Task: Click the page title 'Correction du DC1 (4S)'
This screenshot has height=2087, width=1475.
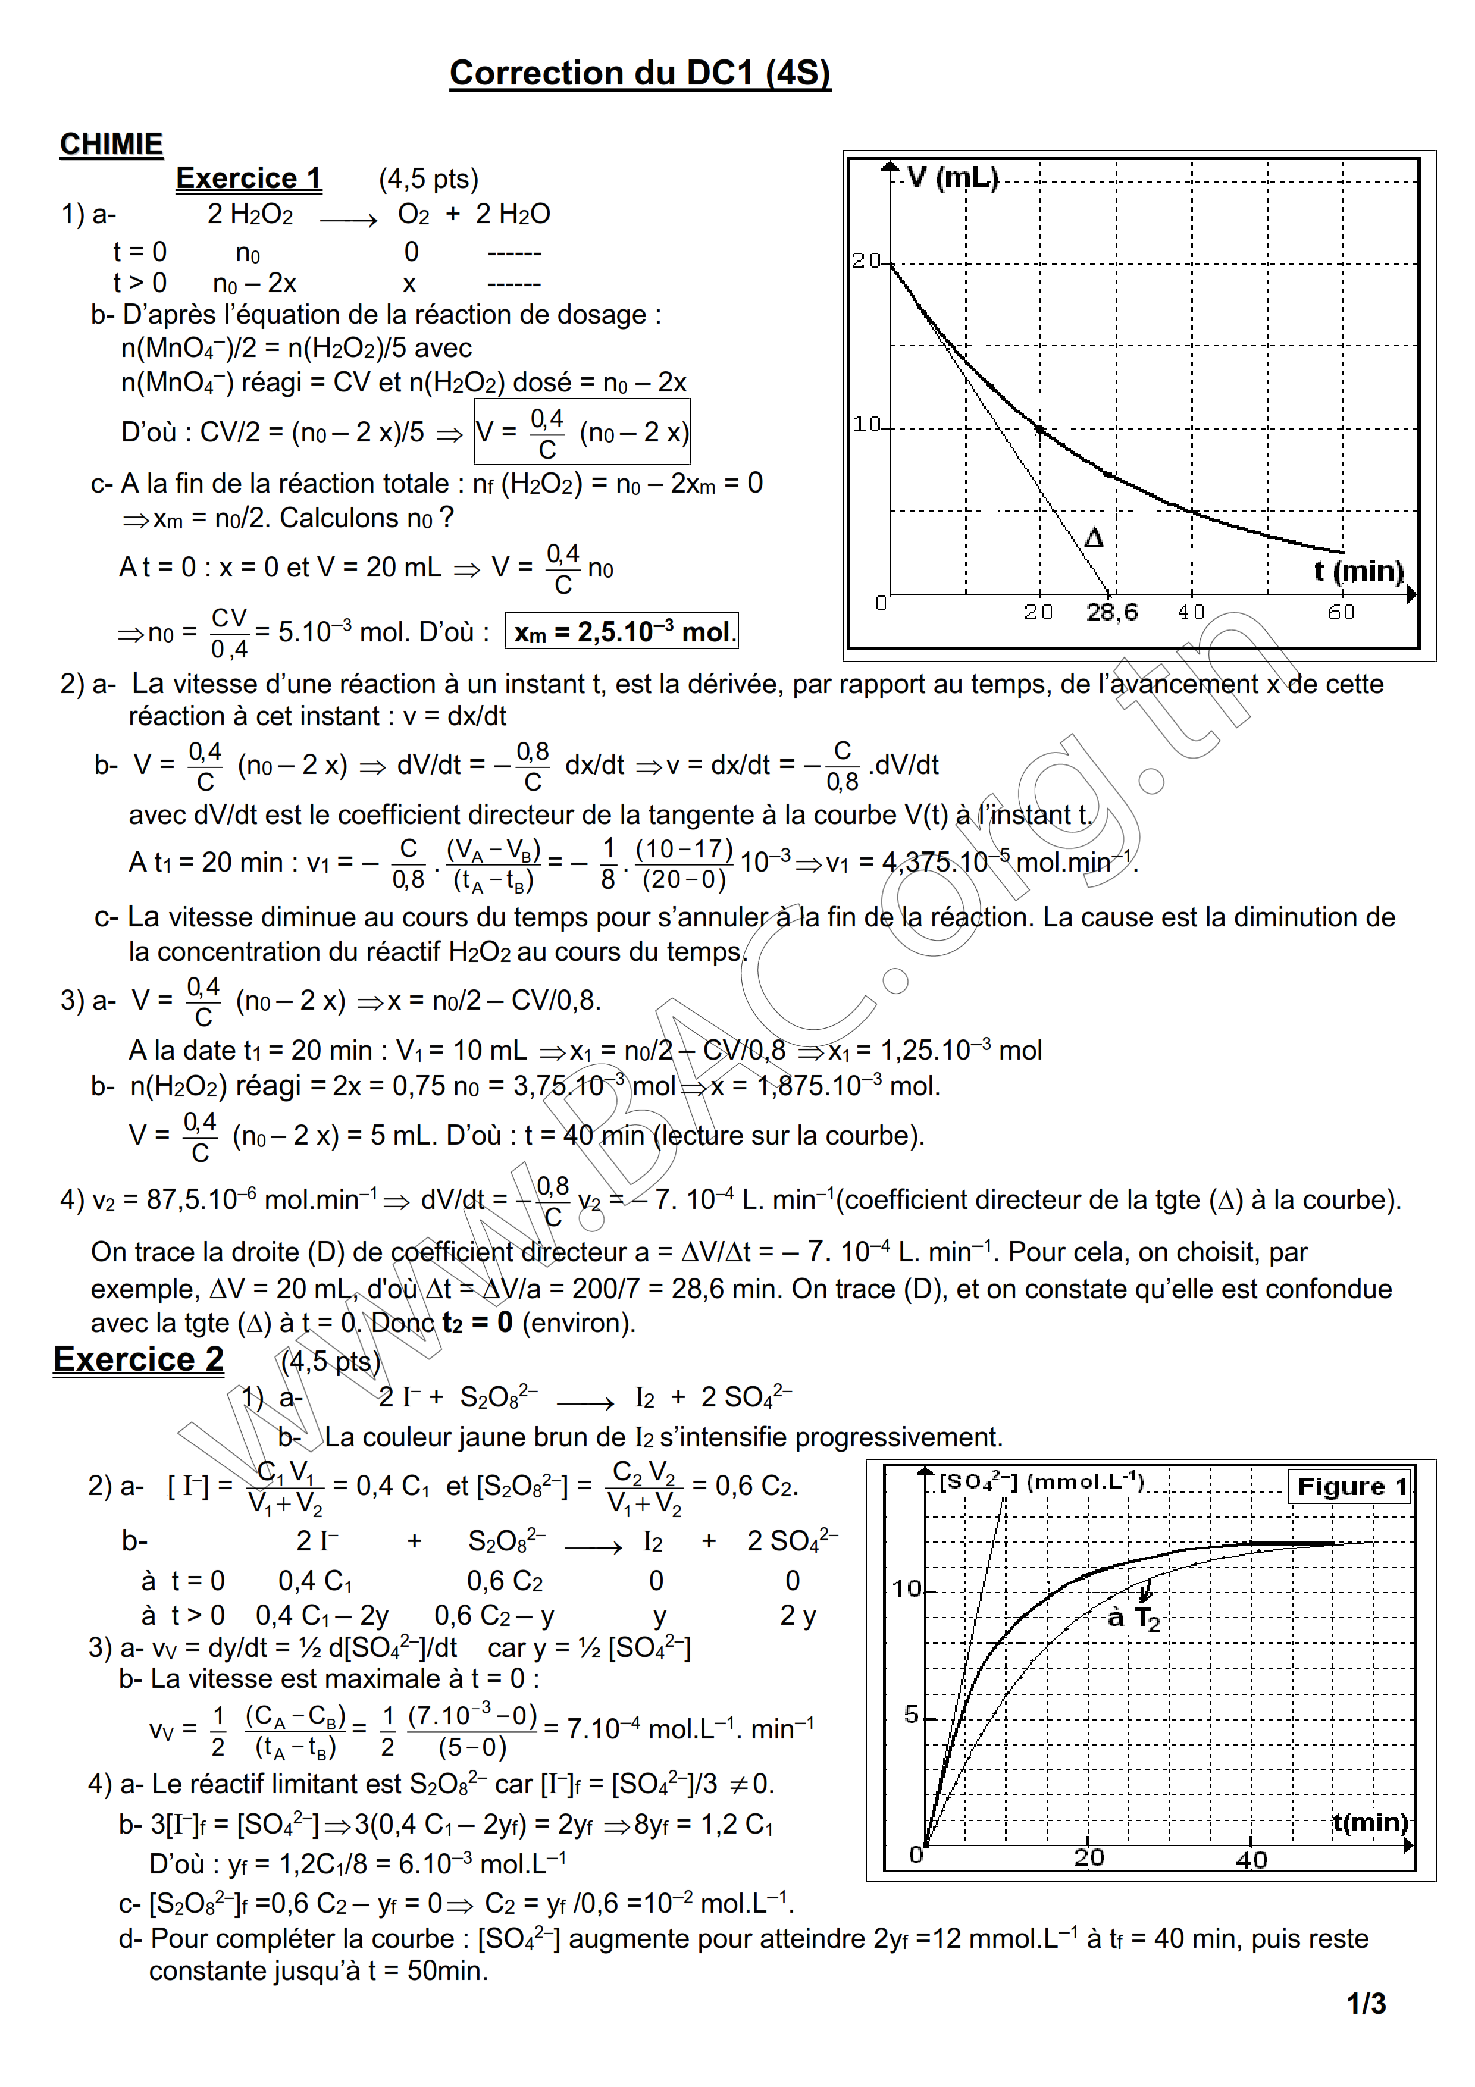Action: pyautogui.click(x=640, y=73)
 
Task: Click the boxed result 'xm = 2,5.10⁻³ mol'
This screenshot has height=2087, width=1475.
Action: pyautogui.click(x=622, y=631)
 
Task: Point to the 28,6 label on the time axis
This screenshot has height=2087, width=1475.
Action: pyautogui.click(x=1111, y=612)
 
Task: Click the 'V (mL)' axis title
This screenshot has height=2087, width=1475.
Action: pyautogui.click(x=953, y=177)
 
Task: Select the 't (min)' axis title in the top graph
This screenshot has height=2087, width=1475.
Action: pyautogui.click(x=1358, y=571)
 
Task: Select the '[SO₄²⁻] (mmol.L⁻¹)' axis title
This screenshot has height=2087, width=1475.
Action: pyautogui.click(x=1041, y=1481)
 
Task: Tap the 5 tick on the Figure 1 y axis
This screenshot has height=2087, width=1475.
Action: pyautogui.click(x=910, y=1715)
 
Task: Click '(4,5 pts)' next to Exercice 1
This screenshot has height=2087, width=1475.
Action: pyautogui.click(x=428, y=179)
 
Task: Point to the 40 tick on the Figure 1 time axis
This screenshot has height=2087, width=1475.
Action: pyautogui.click(x=1251, y=1859)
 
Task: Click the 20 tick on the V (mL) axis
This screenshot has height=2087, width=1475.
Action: pyautogui.click(x=866, y=261)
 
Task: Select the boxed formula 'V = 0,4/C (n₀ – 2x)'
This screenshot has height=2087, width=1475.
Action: pyautogui.click(x=583, y=433)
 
